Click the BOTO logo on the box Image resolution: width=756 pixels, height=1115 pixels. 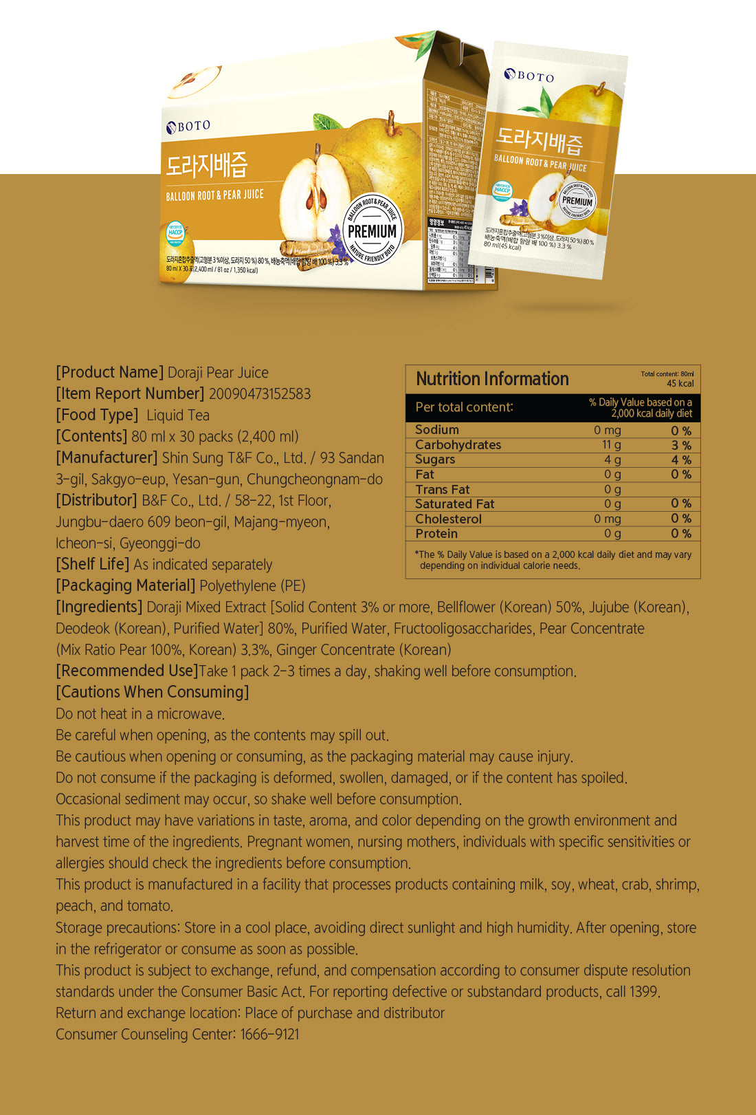(x=188, y=126)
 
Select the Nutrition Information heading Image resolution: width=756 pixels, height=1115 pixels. (x=492, y=379)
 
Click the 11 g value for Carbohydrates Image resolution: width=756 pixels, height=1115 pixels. (x=612, y=445)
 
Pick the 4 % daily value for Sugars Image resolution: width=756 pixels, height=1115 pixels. (x=681, y=459)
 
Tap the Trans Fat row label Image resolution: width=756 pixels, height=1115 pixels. (x=442, y=489)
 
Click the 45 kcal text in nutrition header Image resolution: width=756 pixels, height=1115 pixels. (x=680, y=384)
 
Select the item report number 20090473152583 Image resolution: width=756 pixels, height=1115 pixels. (x=260, y=393)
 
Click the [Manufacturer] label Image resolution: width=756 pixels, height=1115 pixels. (x=107, y=457)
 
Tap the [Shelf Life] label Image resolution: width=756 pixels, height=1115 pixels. (x=92, y=564)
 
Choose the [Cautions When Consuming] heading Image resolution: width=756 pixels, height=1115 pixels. (x=152, y=692)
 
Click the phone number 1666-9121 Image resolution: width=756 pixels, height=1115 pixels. (x=269, y=1034)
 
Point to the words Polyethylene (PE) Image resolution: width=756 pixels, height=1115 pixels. (x=252, y=585)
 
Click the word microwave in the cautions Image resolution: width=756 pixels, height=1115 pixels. (x=190, y=713)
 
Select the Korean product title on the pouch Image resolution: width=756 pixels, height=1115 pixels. (x=540, y=140)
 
